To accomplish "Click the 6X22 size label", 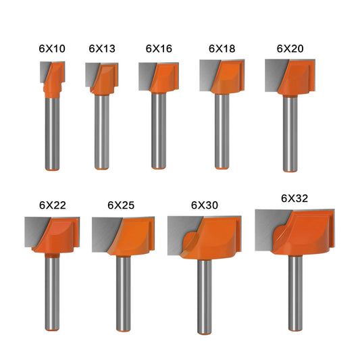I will coord(51,204).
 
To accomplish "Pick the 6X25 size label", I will coord(122,204).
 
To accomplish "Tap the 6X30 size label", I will coord(204,204).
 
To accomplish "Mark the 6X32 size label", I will coord(294,199).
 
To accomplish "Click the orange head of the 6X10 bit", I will coord(53,76).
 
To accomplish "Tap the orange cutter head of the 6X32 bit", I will coord(304,233).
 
